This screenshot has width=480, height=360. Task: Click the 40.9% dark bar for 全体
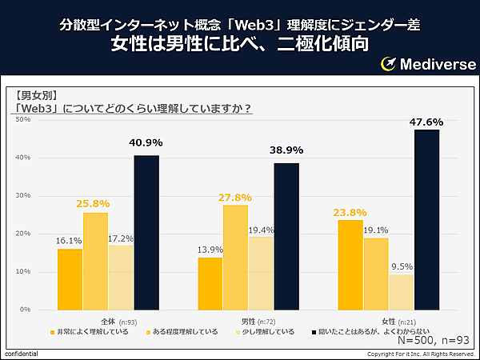(146, 232)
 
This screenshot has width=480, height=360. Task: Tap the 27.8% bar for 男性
(235, 257)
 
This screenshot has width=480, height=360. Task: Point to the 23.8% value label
(350, 213)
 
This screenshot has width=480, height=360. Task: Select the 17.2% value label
(121, 238)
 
